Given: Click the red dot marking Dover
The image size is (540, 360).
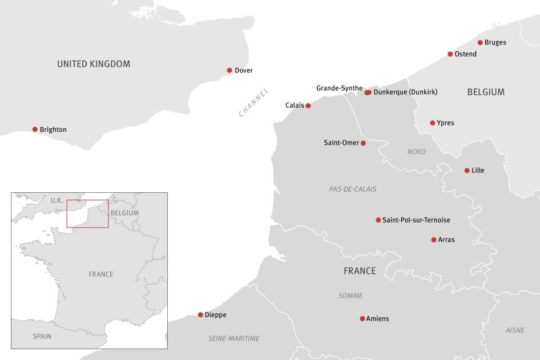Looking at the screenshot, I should [x=229, y=71].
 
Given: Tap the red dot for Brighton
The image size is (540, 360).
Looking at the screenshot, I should [x=35, y=130].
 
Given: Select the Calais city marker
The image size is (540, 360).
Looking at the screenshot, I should [x=308, y=106].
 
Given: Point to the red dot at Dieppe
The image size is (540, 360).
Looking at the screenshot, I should [x=200, y=315].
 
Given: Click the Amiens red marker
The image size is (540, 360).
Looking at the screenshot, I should [x=362, y=319].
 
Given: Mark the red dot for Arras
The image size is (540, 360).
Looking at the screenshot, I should [x=434, y=240].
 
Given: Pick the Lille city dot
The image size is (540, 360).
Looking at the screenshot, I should [x=467, y=171].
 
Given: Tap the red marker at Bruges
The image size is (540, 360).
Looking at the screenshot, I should [x=480, y=42].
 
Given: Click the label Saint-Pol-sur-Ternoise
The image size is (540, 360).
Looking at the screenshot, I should [x=416, y=220].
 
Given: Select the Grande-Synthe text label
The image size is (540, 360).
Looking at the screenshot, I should [x=339, y=88].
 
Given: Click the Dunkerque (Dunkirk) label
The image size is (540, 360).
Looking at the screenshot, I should [x=405, y=92].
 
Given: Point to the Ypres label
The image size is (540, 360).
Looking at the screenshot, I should [x=445, y=123].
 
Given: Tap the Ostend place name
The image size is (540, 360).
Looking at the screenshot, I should [x=465, y=54].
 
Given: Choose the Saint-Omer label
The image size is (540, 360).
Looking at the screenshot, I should [x=341, y=143].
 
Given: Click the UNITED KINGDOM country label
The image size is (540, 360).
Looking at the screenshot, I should [x=94, y=64].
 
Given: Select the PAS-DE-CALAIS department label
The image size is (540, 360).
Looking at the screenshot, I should [x=353, y=189].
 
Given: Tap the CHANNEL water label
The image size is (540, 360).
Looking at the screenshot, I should [x=253, y=103].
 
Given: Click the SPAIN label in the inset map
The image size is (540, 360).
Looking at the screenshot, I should [x=42, y=337].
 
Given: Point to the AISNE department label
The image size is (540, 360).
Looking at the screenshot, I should [x=515, y=330].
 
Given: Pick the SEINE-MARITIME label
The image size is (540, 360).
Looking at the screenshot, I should [x=234, y=338].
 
